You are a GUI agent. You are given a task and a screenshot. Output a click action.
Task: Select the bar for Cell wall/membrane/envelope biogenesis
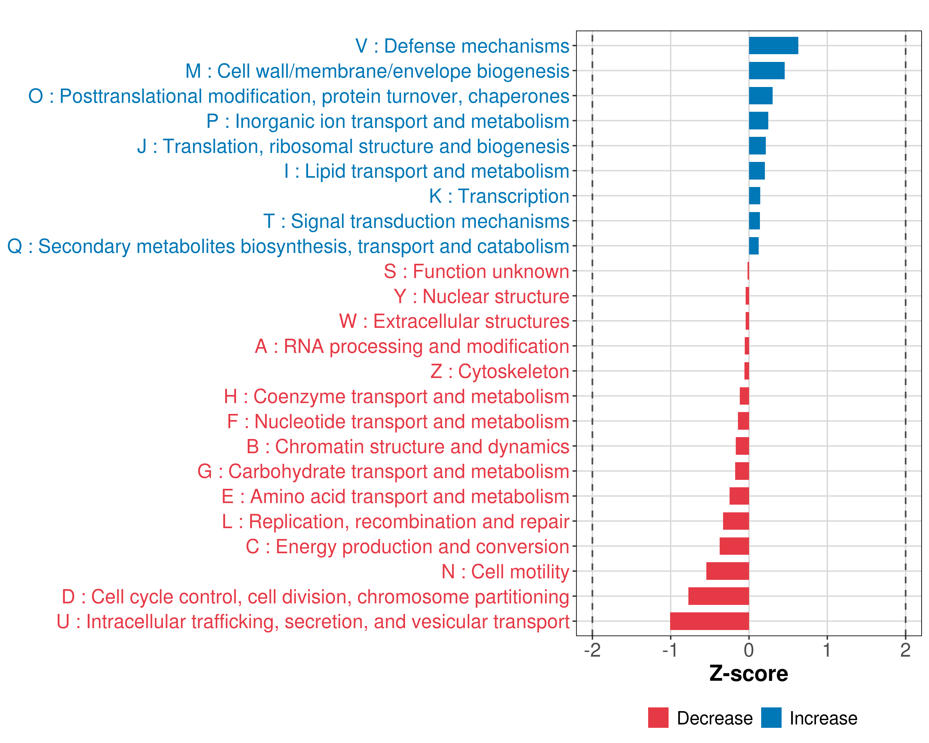[766, 71]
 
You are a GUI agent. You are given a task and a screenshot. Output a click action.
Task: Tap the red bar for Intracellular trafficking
[709, 621]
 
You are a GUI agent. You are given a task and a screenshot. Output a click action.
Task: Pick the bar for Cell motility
[727, 571]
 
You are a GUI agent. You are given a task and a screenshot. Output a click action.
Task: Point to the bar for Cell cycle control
[718, 596]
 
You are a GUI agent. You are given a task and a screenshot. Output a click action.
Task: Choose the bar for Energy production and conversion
[734, 546]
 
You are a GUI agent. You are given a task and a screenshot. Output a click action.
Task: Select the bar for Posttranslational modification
[760, 96]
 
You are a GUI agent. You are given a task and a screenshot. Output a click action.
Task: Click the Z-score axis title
[748, 674]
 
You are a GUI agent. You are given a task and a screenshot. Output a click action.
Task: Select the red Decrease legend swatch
[658, 718]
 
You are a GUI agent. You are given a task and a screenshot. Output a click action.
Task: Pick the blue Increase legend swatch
[771, 718]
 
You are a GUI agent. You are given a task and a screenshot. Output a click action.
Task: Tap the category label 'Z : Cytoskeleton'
[500, 371]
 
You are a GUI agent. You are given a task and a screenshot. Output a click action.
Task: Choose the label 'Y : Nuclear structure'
[481, 296]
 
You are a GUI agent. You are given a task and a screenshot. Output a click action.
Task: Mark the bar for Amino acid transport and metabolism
[739, 496]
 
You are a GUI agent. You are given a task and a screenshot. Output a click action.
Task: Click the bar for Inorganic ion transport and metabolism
[758, 121]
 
